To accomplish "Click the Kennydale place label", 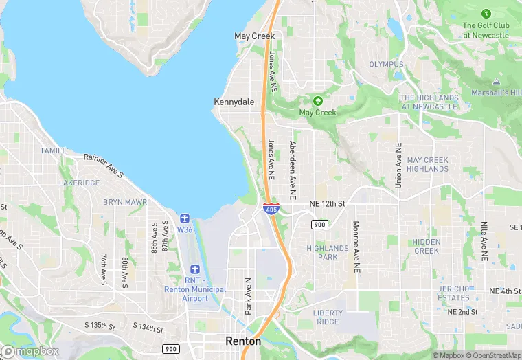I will pyautogui.click(x=234, y=102).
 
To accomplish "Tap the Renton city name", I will pyautogui.click(x=243, y=341).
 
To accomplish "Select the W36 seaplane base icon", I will pyautogui.click(x=185, y=218).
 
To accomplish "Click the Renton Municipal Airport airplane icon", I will pyautogui.click(x=195, y=269).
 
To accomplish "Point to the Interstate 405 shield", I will pyautogui.click(x=271, y=207).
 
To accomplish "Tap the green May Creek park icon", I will pyautogui.click(x=317, y=101).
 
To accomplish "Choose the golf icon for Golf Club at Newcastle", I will pyautogui.click(x=486, y=14).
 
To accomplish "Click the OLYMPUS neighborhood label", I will pyautogui.click(x=387, y=65).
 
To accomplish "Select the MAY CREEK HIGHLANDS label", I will pyautogui.click(x=427, y=165).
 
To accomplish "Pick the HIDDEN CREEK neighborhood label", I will pyautogui.click(x=427, y=247).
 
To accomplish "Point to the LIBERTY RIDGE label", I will pyautogui.click(x=327, y=317).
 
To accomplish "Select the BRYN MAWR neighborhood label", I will pyautogui.click(x=125, y=203).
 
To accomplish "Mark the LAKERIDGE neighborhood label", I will pyautogui.click(x=79, y=183).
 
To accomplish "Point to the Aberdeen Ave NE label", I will pyautogui.click(x=293, y=170).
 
